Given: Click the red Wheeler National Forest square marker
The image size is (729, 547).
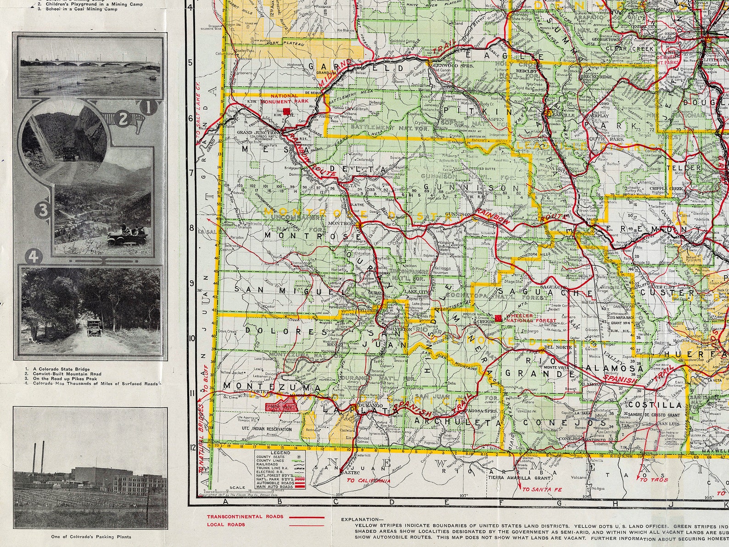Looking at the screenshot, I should coord(499,318).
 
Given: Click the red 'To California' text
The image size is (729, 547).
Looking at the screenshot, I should coord(368,481).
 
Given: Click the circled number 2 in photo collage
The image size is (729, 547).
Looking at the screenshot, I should coord(123,119).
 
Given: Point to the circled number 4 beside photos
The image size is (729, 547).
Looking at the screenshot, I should coord(33,257).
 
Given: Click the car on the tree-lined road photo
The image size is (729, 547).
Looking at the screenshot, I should coord(94,327).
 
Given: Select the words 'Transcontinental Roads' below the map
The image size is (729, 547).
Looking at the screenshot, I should coord(235,516).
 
